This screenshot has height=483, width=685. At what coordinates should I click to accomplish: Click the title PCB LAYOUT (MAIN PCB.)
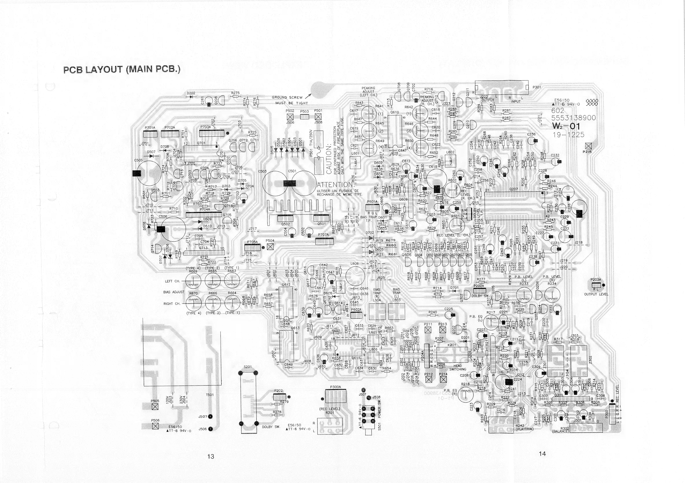[x=122, y=69]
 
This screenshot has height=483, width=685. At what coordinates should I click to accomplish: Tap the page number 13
[x=211, y=456]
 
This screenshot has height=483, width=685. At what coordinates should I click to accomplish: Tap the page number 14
[x=542, y=454]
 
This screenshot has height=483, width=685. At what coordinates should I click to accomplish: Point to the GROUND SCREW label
[x=287, y=97]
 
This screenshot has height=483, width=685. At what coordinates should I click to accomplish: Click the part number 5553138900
[x=573, y=118]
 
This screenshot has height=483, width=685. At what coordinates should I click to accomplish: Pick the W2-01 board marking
[x=566, y=126]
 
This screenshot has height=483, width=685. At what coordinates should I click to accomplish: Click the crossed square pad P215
[x=588, y=146]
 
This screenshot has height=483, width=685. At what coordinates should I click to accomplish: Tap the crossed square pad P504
[x=270, y=247]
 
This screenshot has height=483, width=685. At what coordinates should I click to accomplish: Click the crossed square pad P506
[x=155, y=426]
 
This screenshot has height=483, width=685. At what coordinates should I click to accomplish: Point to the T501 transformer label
[x=210, y=395]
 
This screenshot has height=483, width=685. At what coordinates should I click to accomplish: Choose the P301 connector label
[x=537, y=87]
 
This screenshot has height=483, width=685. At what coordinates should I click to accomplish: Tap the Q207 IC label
[x=514, y=189]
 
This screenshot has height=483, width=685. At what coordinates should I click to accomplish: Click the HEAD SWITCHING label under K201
[x=458, y=367]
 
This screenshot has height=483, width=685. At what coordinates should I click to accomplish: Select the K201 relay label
[x=452, y=345]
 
